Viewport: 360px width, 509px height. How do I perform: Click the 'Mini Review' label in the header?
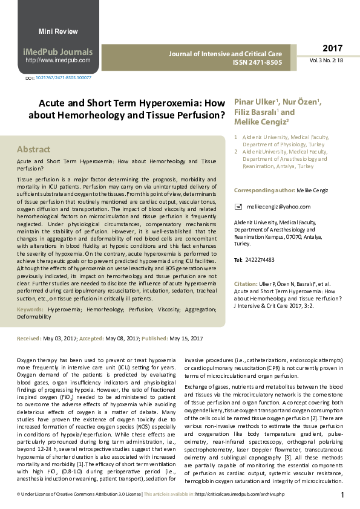pos(57,30)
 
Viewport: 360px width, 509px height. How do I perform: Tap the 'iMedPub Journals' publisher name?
pos(58,52)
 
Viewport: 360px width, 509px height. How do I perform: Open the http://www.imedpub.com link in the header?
pos(58,60)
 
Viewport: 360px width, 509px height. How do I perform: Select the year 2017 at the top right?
pos(332,48)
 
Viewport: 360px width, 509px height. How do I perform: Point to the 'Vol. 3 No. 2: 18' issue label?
pos(327,61)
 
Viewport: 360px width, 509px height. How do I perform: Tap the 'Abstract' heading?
pos(34,149)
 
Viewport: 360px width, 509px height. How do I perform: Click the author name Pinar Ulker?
pos(255,101)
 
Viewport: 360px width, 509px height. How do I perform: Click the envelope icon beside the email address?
pos(238,207)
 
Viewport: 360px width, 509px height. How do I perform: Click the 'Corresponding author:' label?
pos(264,190)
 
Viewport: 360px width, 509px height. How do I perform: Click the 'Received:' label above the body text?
pos(29,339)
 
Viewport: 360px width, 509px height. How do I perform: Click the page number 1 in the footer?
pos(342,495)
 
